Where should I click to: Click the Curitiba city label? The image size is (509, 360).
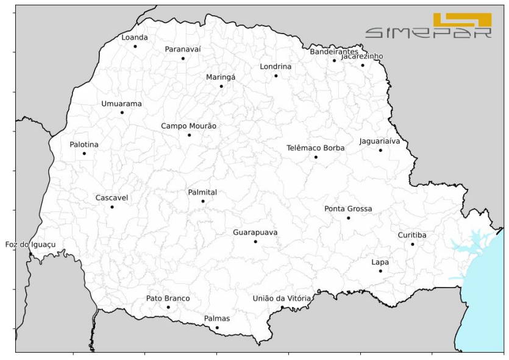(412, 235)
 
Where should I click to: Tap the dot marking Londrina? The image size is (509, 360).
(276, 76)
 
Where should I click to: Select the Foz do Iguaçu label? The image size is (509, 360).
(30, 244)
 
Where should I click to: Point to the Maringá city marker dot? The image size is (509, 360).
(221, 86)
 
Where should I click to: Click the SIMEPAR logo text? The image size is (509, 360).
(428, 32)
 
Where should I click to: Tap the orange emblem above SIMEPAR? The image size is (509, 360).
(462, 19)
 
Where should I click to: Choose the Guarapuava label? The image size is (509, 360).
(255, 232)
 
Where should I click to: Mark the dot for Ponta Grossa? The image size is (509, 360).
(349, 217)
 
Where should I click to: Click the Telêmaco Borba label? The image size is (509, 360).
(315, 148)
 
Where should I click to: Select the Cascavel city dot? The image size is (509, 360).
(112, 207)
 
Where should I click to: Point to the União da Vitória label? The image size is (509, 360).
(282, 298)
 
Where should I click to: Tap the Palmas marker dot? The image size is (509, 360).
(217, 328)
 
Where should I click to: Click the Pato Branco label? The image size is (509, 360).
(168, 298)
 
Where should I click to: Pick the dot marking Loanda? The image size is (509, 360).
(135, 46)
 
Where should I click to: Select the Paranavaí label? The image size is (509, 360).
(183, 49)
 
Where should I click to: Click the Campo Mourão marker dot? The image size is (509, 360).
(189, 135)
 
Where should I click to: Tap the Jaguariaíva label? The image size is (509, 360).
(380, 141)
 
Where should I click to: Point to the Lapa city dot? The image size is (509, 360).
(380, 271)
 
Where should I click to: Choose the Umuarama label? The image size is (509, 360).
(121, 104)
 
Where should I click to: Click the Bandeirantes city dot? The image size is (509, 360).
(334, 60)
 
